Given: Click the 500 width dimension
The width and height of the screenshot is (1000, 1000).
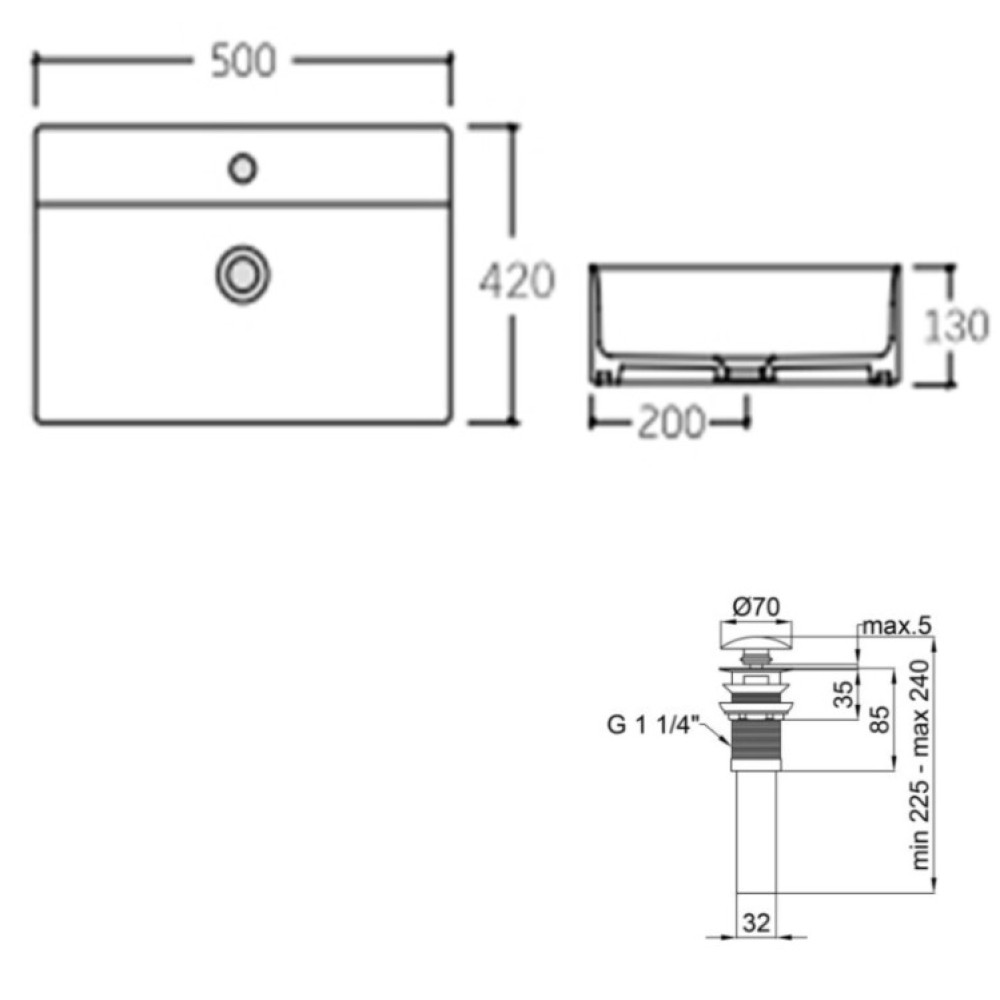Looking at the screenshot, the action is tap(243, 61).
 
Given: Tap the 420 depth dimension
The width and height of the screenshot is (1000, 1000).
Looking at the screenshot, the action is tap(517, 281).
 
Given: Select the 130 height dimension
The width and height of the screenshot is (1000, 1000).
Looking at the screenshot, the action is tap(956, 326).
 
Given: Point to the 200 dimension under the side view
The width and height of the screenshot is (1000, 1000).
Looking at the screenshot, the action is tap(671, 422).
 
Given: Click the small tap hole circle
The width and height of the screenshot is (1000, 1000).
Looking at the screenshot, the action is tap(242, 169).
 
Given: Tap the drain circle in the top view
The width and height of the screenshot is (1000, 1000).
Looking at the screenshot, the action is tap(242, 275).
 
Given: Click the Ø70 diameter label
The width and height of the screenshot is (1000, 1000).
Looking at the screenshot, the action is tap(756, 607).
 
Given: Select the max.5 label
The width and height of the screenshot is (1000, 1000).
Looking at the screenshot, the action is tap(897, 626).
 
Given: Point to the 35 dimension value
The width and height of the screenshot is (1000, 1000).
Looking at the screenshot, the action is tap(842, 695).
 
